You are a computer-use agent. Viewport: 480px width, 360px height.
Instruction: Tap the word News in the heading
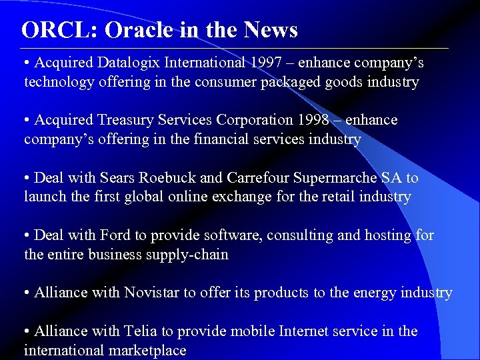[x=271, y=30]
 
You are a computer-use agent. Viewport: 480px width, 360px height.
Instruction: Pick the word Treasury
[x=121, y=120]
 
